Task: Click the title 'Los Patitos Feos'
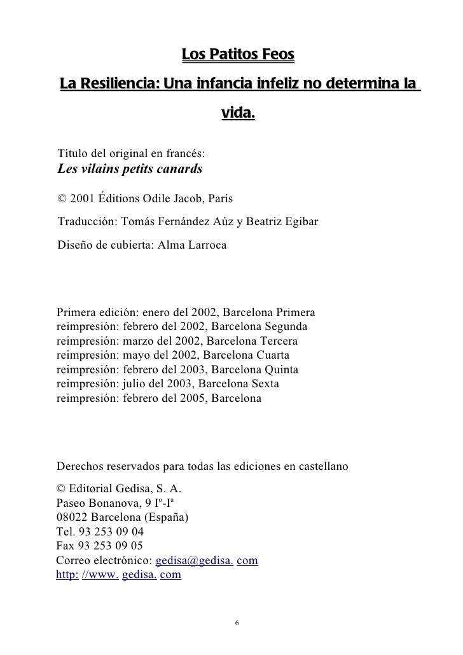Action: [x=238, y=56]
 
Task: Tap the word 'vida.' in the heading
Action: [x=237, y=115]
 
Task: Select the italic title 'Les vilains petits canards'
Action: [x=130, y=169]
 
